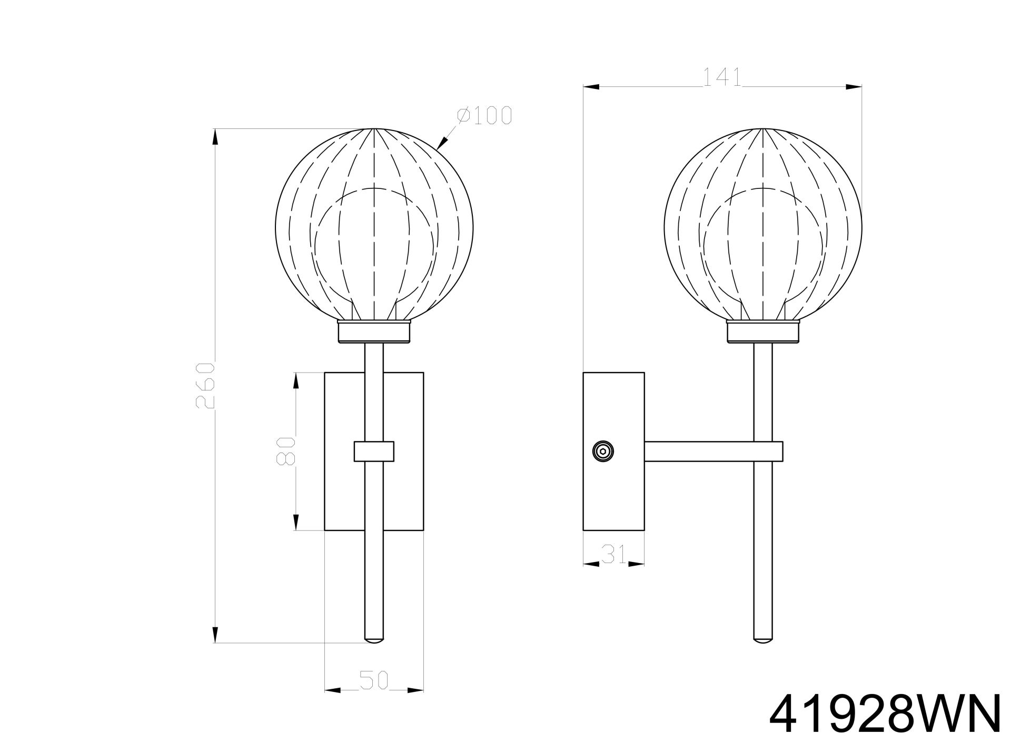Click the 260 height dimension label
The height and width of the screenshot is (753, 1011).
point(205,385)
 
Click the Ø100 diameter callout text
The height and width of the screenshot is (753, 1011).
point(484,115)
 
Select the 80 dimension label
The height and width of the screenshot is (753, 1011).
point(286,450)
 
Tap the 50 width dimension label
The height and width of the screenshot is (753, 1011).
point(374,680)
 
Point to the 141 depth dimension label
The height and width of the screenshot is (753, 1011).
point(722,78)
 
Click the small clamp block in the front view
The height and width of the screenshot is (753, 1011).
point(374,451)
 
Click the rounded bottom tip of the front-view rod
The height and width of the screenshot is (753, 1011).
point(374,640)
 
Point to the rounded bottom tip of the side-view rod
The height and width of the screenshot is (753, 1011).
point(763,640)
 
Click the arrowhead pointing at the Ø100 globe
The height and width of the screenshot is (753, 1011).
point(442,142)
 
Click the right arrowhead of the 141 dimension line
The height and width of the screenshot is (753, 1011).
point(853,87)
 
